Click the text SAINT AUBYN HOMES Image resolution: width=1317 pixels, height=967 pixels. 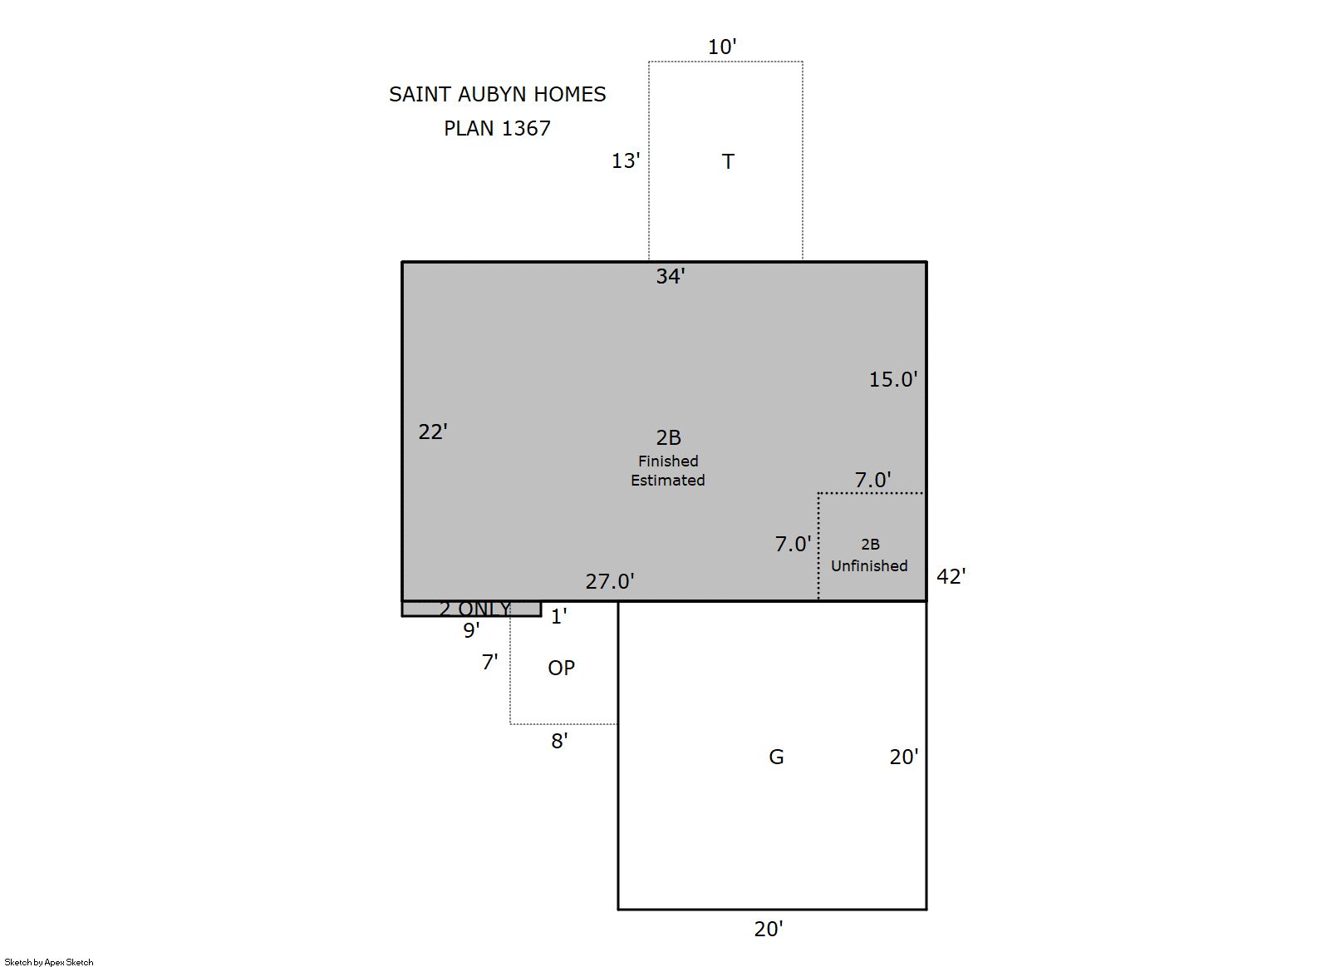pos(498,94)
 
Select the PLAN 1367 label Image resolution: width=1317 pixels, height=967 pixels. pos(498,128)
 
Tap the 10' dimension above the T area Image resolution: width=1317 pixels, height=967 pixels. pos(722,47)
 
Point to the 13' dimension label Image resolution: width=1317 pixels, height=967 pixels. pos(626,160)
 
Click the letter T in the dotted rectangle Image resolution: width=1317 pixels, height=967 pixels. pos(728,161)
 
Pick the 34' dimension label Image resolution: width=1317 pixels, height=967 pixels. pos(671,276)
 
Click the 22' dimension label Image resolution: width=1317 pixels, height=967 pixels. pos(433,432)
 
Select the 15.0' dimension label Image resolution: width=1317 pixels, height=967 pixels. pos(893,379)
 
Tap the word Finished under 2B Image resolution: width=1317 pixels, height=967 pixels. pos(669,461)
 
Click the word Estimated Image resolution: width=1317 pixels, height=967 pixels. pos(668,480)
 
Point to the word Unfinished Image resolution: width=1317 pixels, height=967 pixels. pos(869,565)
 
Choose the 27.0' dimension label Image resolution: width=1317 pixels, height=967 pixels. pos(610,581)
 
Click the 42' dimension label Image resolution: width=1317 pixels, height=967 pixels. pos(951,576)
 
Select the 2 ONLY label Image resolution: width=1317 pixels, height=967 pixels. pos(475,608)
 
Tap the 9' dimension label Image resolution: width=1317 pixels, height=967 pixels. pos(471,630)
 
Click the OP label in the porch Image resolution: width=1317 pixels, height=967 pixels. pos(562,668)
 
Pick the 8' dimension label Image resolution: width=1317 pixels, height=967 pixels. pos(559,741)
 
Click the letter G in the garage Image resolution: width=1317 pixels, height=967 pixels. pos(776,757)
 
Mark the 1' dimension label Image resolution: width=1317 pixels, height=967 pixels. pos(558,616)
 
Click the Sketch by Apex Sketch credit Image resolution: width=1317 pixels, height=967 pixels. pos(49,962)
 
